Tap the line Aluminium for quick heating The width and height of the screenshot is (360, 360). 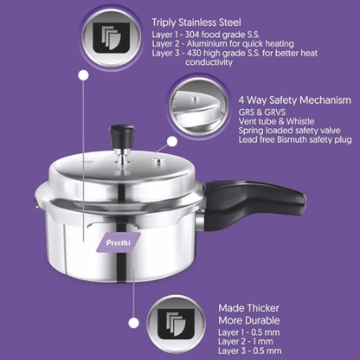[x=224, y=43]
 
